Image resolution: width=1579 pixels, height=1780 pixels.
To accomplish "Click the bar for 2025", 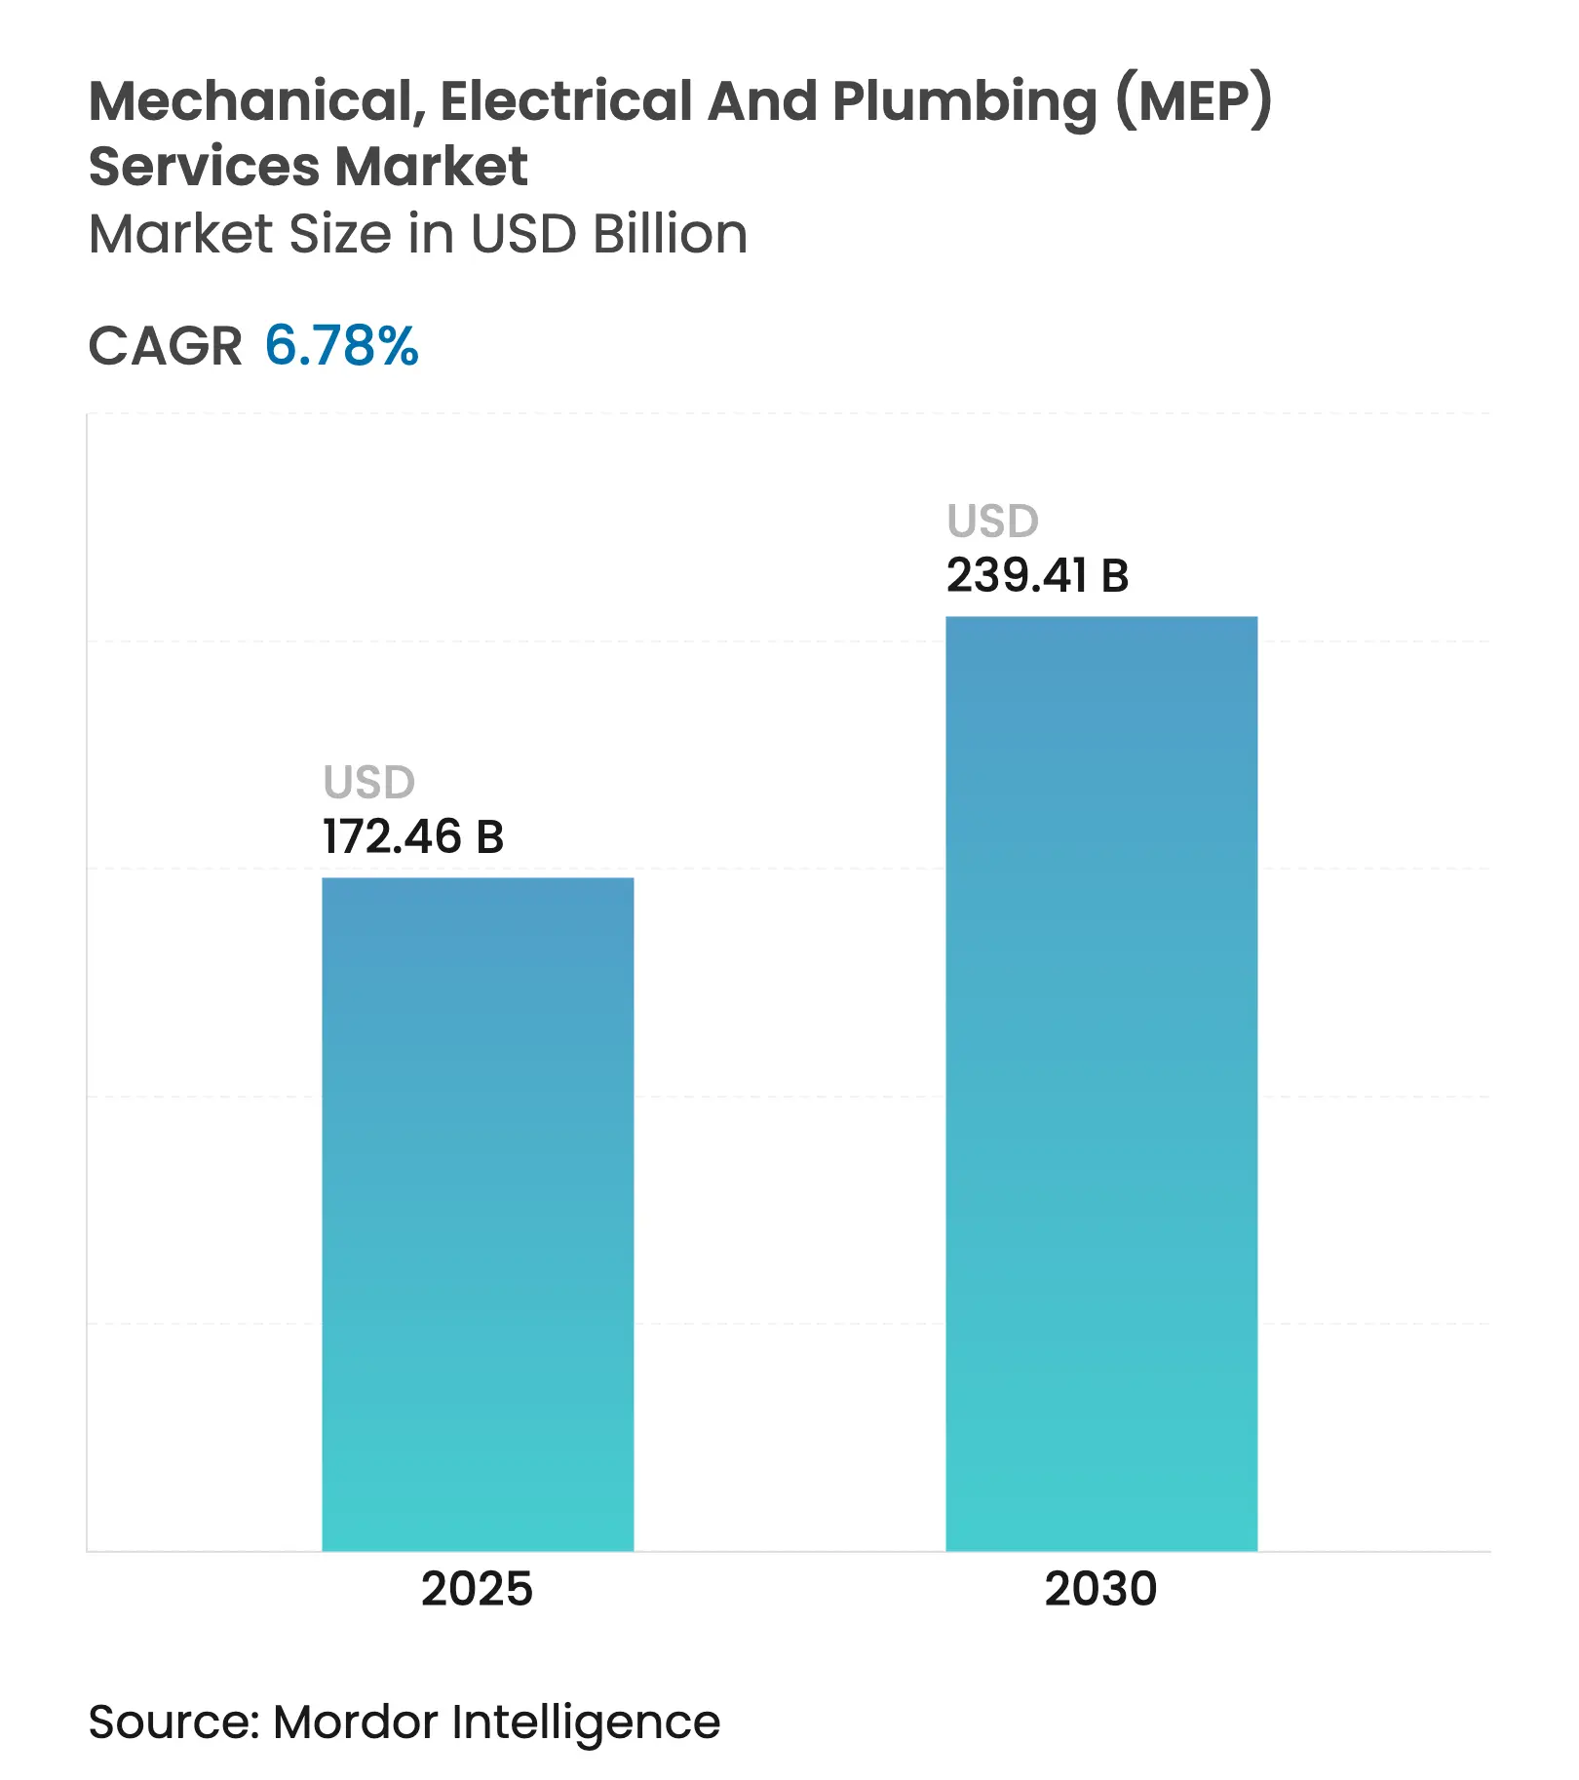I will pyautogui.click(x=478, y=1214).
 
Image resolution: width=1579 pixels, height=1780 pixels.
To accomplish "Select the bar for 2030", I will pyautogui.click(x=1101, y=1082).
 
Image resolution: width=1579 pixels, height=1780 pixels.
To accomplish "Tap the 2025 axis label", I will pyautogui.click(x=477, y=1589).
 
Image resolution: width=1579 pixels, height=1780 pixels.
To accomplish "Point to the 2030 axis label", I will pyautogui.click(x=1100, y=1589).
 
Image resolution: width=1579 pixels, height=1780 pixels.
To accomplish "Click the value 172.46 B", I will pyautogui.click(x=412, y=837).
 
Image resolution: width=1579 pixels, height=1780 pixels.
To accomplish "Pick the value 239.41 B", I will pyautogui.click(x=1037, y=576).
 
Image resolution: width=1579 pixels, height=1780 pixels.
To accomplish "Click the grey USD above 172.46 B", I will pyautogui.click(x=369, y=783).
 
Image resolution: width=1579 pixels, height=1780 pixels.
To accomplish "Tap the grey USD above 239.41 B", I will pyautogui.click(x=993, y=522).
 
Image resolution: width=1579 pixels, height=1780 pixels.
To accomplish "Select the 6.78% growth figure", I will pyautogui.click(x=341, y=346).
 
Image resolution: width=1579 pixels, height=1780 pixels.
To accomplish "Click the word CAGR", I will pyautogui.click(x=165, y=346).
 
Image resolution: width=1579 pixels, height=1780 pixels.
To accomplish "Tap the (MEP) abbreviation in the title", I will pyautogui.click(x=1194, y=101).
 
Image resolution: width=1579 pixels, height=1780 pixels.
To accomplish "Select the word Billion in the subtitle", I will pyautogui.click(x=670, y=234).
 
